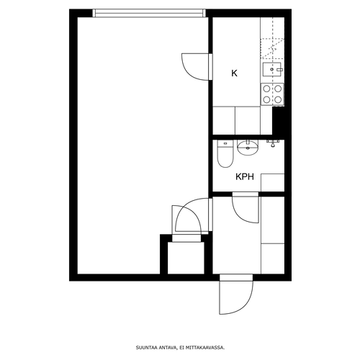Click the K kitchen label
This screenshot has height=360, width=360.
click(x=234, y=73)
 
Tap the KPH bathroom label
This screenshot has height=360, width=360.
click(x=245, y=177)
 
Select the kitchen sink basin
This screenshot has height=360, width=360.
click(x=272, y=69)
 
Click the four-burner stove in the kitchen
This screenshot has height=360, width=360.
click(x=272, y=94)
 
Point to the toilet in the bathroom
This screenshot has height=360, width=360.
click(x=225, y=153)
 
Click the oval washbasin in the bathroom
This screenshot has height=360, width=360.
click(x=248, y=148)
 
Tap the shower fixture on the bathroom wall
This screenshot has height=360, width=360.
click(x=273, y=143)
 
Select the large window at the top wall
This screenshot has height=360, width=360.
click(x=149, y=13)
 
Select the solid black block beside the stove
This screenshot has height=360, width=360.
click(x=279, y=121)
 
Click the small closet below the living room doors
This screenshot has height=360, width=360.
click(x=186, y=258)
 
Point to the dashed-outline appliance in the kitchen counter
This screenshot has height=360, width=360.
click(x=272, y=49)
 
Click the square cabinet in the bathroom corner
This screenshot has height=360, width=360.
click(x=273, y=183)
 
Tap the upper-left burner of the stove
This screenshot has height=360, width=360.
click(x=266, y=89)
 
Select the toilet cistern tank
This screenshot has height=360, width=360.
click(x=225, y=143)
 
